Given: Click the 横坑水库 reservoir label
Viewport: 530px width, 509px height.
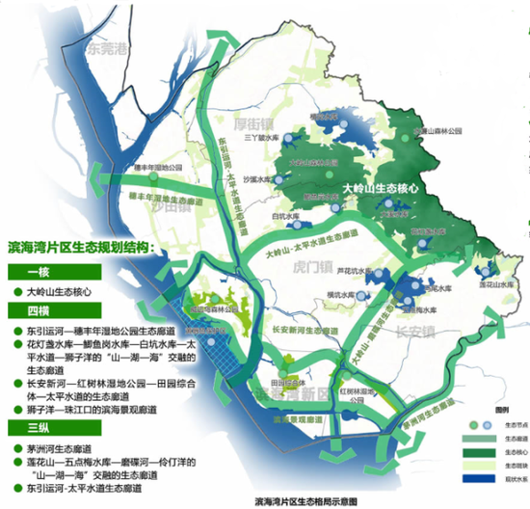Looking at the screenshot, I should pos(342,293).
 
